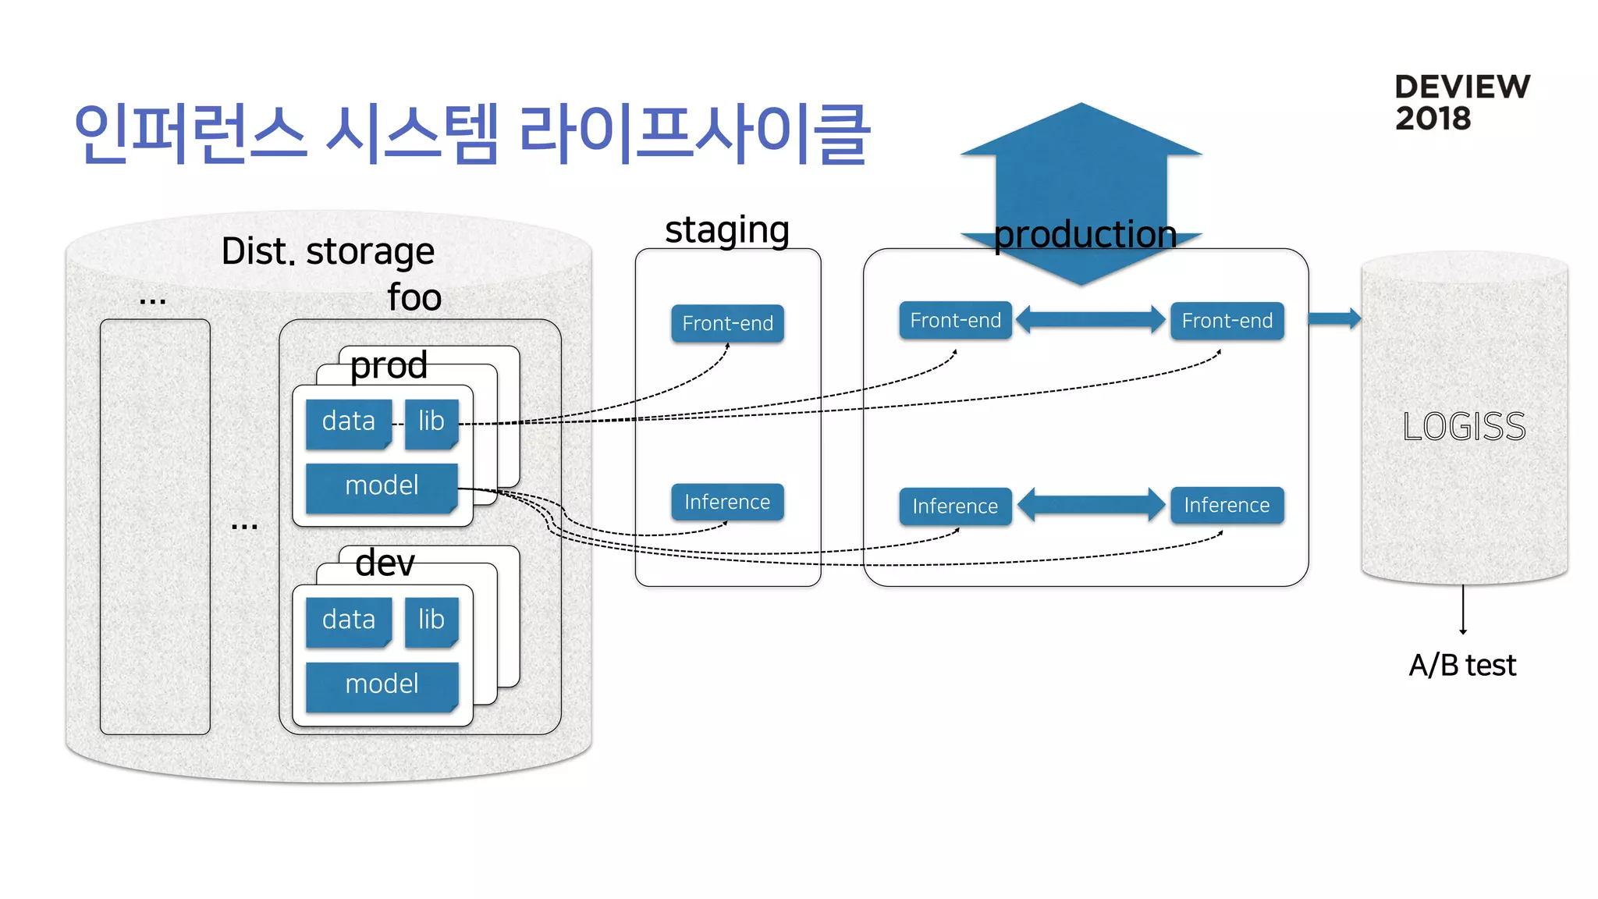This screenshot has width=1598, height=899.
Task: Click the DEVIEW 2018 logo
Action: [x=1461, y=102]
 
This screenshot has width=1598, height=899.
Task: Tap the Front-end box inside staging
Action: [x=727, y=323]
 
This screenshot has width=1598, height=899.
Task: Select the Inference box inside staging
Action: [x=727, y=502]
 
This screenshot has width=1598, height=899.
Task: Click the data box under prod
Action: [x=348, y=422]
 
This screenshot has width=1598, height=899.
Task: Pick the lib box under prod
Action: [x=431, y=422]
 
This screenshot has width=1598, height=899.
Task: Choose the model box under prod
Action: [x=382, y=486]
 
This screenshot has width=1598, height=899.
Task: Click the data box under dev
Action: [x=348, y=620]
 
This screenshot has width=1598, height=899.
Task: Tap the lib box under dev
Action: [x=431, y=620]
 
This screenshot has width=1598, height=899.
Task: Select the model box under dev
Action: [x=382, y=684]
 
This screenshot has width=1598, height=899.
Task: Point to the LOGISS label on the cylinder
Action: [x=1464, y=427]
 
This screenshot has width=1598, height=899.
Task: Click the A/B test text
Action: [x=1462, y=666]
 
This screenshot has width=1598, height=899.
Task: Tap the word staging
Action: [x=727, y=230]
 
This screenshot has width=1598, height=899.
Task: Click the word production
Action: [x=1085, y=234]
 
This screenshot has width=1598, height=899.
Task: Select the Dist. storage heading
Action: [x=328, y=251]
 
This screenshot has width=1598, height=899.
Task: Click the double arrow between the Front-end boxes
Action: [x=1091, y=319]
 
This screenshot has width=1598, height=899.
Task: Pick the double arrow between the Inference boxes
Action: [x=1091, y=505]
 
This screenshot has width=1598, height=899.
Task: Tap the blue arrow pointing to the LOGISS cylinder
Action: [x=1334, y=318]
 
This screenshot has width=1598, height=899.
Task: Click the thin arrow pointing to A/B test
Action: [x=1463, y=609]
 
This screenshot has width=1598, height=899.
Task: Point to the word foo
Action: [x=414, y=297]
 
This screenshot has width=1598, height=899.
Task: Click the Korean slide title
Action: [x=471, y=134]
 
